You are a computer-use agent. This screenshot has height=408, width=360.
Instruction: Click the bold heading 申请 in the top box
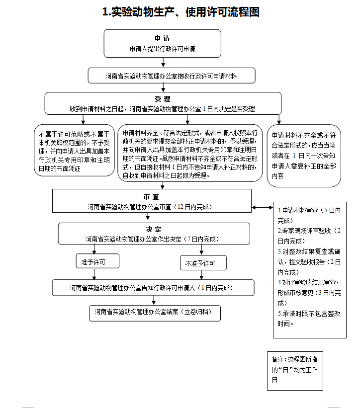coord(162,39)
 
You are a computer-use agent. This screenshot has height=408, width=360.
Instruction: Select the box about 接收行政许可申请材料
coord(172,76)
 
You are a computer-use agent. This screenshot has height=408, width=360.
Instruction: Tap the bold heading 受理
coord(162,99)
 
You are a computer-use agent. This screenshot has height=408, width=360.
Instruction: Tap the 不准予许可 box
coord(203,263)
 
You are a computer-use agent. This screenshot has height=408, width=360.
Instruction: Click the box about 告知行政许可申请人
coord(153,288)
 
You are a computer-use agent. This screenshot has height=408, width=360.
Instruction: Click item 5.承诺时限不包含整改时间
coord(309,319)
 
